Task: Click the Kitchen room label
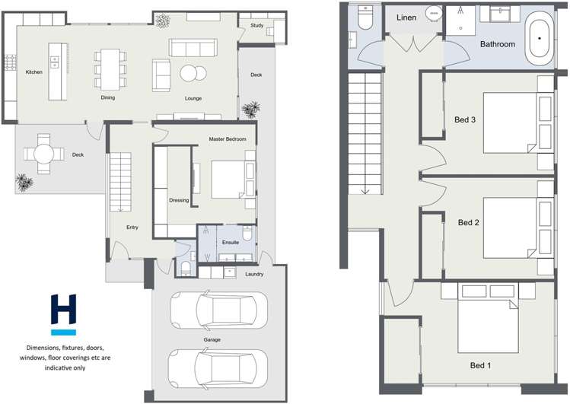(34, 72)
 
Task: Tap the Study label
(256, 26)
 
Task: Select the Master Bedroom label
(228, 139)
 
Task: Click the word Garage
(212, 339)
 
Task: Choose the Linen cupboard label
(406, 17)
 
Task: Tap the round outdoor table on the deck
(43, 154)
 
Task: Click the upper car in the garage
(218, 310)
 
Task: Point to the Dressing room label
(179, 201)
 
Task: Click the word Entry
(132, 227)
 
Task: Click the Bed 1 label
(480, 366)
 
